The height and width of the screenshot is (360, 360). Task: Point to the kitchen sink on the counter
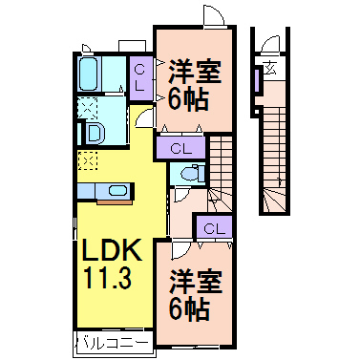(117, 191)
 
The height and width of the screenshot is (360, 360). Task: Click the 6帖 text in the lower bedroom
(191, 309)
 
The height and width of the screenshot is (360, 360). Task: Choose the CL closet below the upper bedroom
(181, 147)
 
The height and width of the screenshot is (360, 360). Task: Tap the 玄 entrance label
(270, 68)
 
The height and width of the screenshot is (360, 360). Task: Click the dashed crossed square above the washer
(88, 106)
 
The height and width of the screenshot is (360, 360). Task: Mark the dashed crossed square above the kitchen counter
(89, 161)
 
